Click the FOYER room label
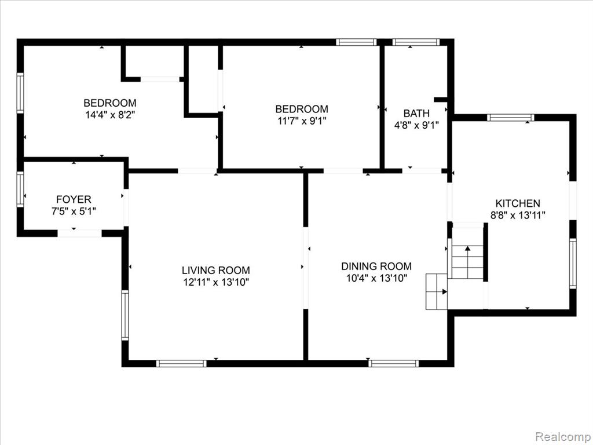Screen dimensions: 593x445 coord(74,199)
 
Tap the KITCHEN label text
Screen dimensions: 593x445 coord(518,203)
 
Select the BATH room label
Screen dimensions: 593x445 coord(416,113)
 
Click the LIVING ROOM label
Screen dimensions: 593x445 coord(216,270)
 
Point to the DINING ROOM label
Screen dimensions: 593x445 coord(376,266)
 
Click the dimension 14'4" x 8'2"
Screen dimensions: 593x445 coord(110,115)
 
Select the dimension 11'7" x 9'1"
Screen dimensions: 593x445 coord(302,121)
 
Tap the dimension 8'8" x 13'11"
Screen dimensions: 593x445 coord(518,216)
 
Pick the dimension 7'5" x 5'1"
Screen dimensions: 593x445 coord(74,211)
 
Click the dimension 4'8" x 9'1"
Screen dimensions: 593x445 coord(416,125)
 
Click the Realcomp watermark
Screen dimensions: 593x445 coord(563,437)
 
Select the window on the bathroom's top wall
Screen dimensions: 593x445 coord(416,42)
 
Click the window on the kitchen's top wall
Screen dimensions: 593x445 coord(511,117)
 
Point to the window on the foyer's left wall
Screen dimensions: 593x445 coord(20,189)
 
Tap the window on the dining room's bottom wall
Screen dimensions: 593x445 coord(394,364)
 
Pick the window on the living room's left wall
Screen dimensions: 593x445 coord(125,315)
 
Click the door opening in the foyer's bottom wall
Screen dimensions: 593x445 coord(79,234)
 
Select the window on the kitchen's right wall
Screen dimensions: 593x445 coord(573,264)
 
